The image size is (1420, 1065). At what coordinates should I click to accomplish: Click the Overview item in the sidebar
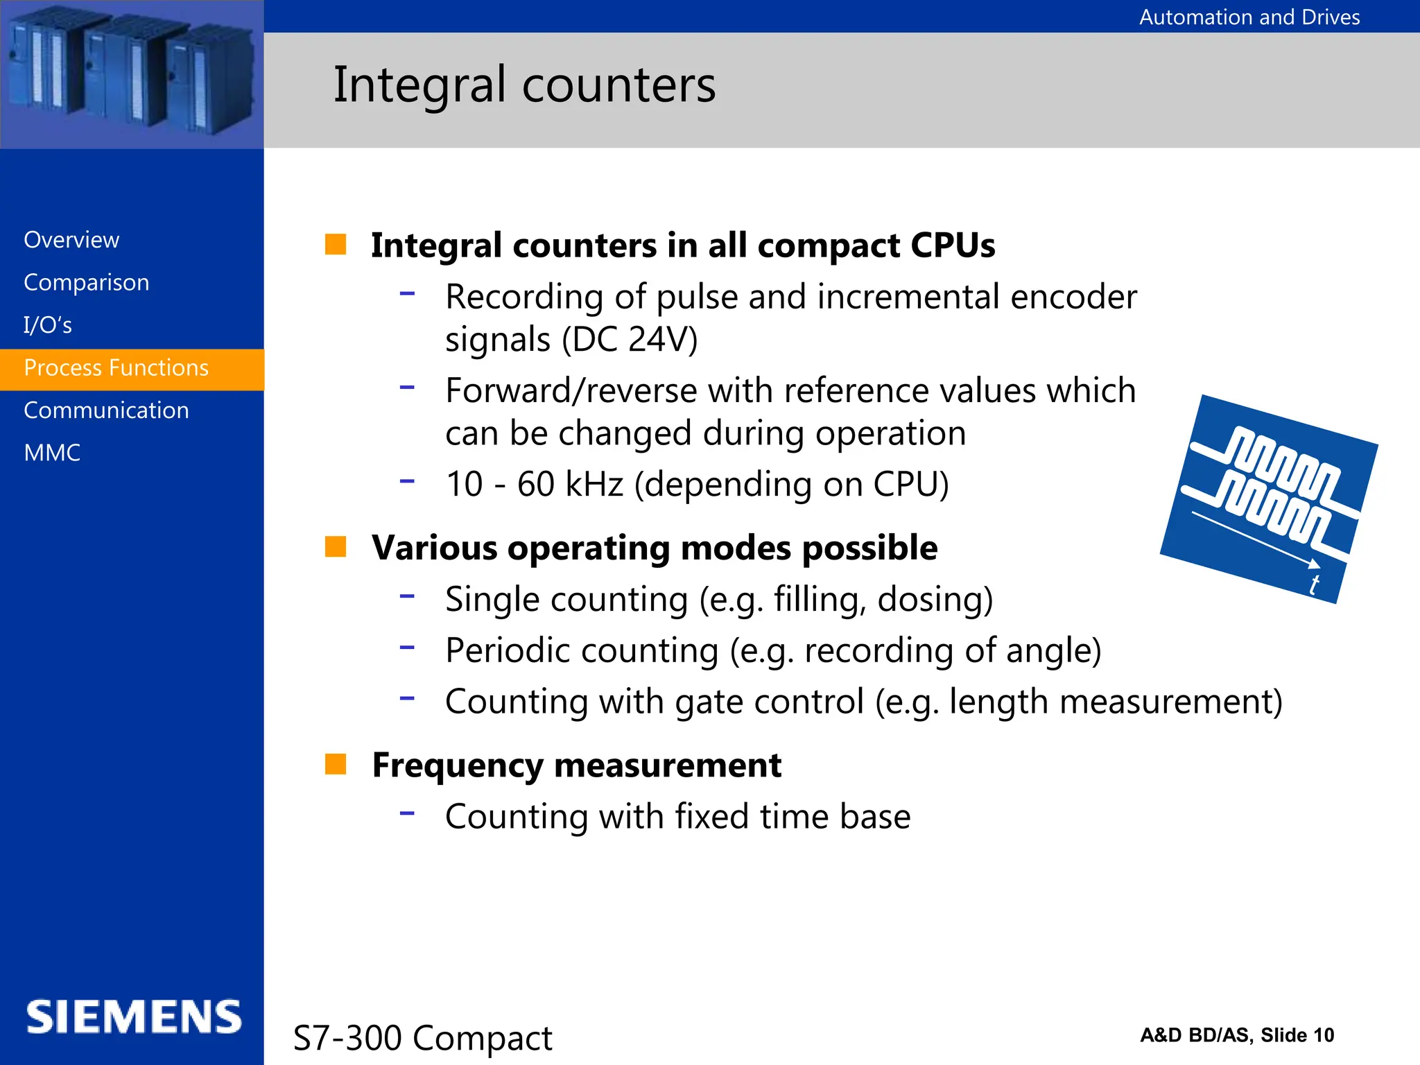(71, 240)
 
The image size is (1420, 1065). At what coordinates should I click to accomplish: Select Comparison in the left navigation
(87, 283)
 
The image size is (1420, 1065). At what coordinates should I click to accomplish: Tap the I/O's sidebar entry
(48, 325)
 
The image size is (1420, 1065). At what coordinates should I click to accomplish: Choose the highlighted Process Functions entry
(116, 368)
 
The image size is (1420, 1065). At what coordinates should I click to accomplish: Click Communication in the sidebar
(106, 410)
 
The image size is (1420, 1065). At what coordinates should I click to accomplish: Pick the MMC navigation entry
(52, 453)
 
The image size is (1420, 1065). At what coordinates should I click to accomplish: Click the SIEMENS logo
(134, 1017)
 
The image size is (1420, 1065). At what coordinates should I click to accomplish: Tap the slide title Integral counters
(524, 85)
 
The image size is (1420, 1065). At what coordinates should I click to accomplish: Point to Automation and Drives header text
(1249, 17)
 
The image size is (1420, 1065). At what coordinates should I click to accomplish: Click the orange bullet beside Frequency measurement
(336, 764)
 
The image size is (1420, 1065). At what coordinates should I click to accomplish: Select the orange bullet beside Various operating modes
(336, 546)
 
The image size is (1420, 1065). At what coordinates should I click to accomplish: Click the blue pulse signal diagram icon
(1268, 498)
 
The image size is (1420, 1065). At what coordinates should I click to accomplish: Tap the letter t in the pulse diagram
(1313, 585)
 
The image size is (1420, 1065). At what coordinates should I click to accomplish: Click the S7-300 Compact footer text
(422, 1038)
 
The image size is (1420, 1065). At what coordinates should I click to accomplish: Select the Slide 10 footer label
(1297, 1035)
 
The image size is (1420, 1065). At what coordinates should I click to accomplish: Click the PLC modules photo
(132, 74)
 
